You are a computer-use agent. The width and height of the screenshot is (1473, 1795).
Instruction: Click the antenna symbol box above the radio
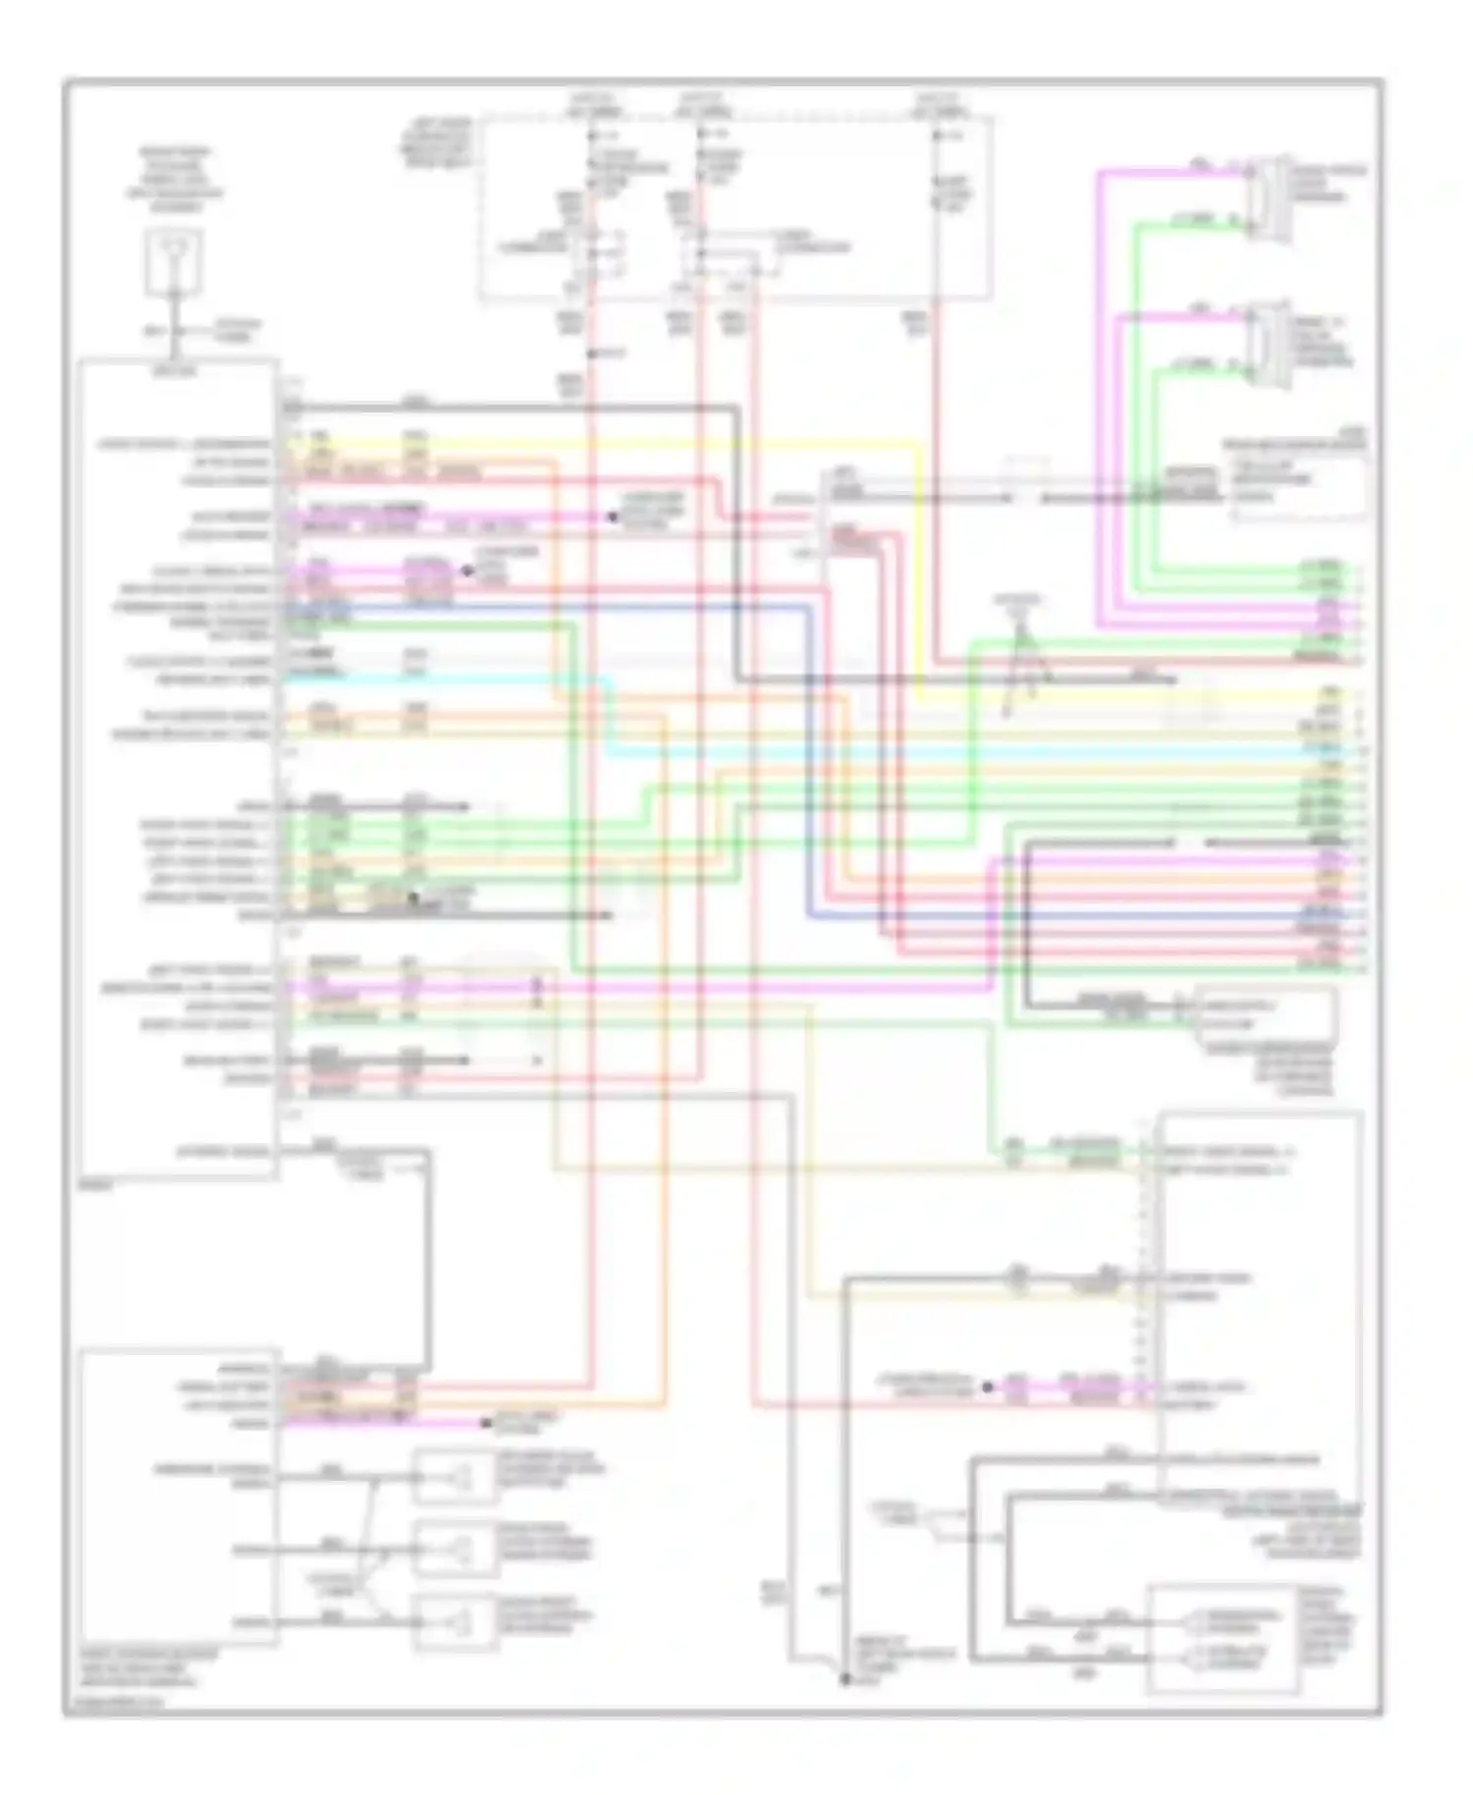(174, 261)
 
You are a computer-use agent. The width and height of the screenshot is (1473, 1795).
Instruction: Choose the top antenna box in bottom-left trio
(455, 1476)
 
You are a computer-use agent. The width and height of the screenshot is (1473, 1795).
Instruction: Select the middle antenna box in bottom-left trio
(455, 1549)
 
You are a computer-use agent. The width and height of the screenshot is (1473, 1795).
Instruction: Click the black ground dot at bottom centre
(845, 1679)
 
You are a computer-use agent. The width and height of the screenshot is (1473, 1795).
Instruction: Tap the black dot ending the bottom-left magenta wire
(484, 1423)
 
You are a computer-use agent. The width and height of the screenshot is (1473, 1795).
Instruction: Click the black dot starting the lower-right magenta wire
(989, 1387)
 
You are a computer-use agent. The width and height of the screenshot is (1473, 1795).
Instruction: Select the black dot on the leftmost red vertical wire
(589, 354)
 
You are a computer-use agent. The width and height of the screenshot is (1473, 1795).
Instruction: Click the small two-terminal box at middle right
(1265, 1015)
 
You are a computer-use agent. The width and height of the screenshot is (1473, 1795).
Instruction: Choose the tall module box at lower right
(1261, 1306)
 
